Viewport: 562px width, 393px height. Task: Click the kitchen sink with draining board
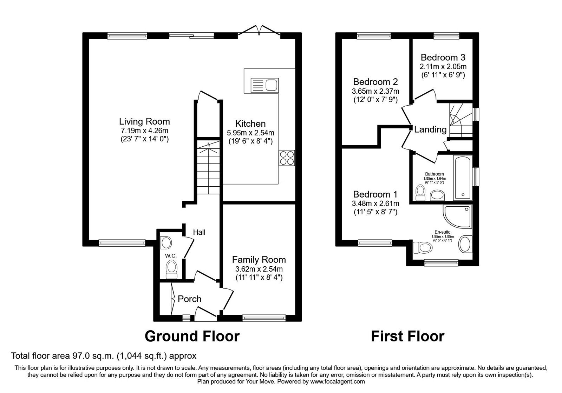point(264,85)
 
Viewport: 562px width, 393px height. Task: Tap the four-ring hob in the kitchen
point(287,158)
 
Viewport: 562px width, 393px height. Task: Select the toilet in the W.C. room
point(172,269)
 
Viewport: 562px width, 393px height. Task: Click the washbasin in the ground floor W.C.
point(165,243)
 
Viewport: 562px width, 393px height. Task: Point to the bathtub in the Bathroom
point(463,178)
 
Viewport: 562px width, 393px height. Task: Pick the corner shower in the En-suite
point(458,217)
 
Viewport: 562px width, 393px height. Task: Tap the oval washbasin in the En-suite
point(465,244)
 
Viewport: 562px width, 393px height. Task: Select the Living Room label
point(144,121)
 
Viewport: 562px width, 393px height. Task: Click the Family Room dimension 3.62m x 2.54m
point(259,269)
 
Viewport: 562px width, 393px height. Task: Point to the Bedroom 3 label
point(443,58)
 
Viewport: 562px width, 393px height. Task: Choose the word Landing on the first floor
point(430,129)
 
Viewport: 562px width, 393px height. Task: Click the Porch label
point(189,299)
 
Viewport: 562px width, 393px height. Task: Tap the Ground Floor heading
point(192,336)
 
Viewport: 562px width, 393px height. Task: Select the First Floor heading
point(408,336)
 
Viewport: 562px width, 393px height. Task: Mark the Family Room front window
point(264,318)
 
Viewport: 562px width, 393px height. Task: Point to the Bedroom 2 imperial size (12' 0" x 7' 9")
point(375,100)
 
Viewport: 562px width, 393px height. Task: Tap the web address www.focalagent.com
point(338,382)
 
